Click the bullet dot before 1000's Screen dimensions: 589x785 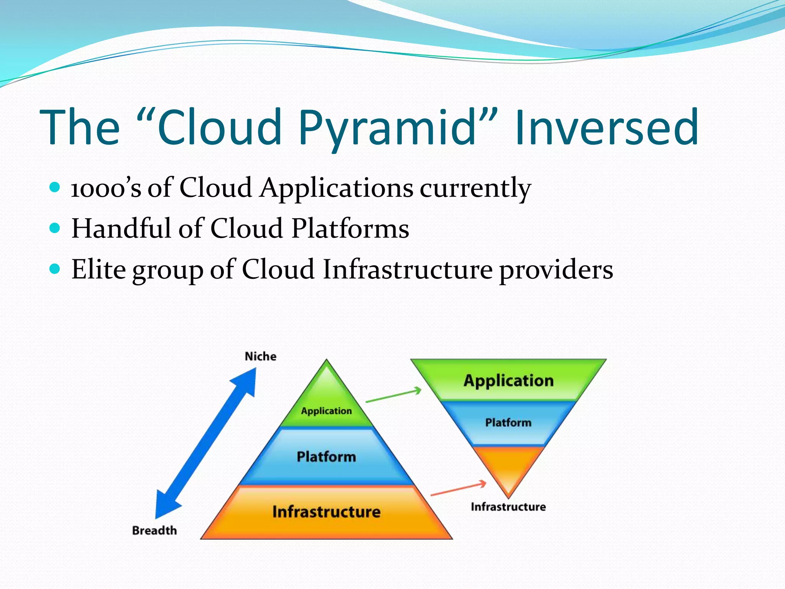coord(55,187)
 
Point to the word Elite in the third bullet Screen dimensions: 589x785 coord(99,269)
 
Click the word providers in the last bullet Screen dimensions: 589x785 coord(556,270)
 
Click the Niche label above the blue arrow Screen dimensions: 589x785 coord(261,357)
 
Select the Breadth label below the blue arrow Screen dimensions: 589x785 coord(154,530)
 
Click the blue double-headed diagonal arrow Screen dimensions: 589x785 coord(206,443)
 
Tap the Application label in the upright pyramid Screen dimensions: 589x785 coord(326,411)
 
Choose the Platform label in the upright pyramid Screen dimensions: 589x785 coord(326,457)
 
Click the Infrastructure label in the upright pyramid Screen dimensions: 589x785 coord(326,512)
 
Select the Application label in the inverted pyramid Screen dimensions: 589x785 coord(508,381)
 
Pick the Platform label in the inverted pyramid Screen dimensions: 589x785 coord(508,423)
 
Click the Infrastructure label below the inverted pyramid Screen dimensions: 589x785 coord(508,507)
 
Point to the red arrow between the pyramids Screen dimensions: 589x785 coord(458,489)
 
